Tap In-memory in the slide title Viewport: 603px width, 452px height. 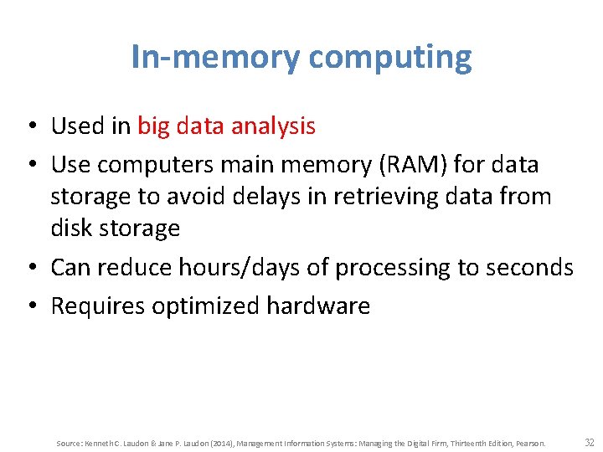[214, 58]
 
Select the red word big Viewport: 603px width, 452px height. [153, 126]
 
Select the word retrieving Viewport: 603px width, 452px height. [399, 197]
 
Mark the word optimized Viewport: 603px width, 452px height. [206, 306]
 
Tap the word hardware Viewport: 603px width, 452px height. [318, 306]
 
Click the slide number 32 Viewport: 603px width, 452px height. [590, 442]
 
